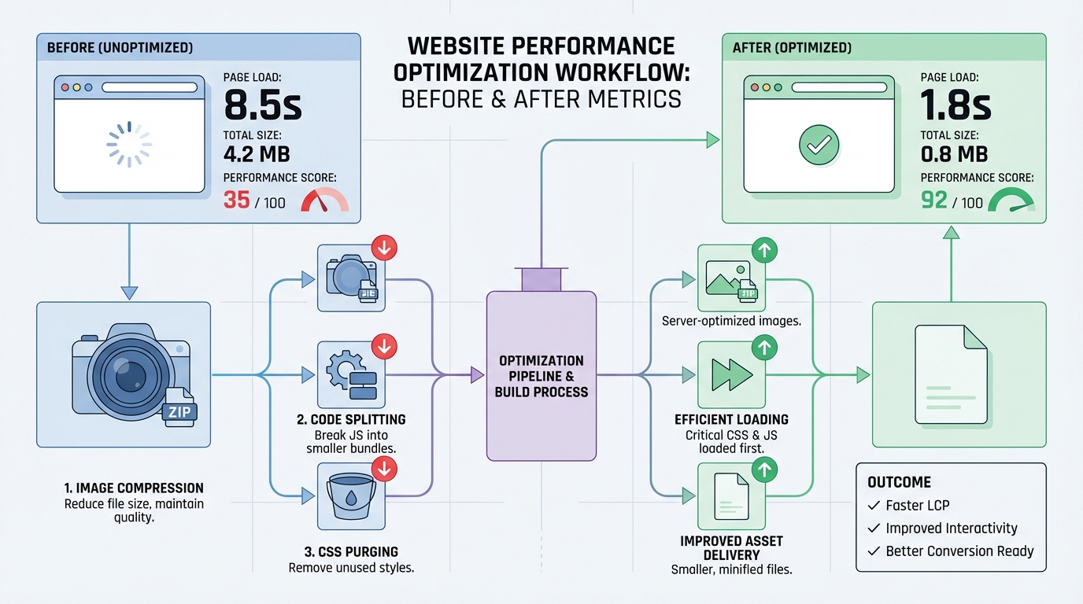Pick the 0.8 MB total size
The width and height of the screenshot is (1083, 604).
(x=954, y=154)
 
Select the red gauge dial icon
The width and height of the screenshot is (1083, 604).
(x=323, y=201)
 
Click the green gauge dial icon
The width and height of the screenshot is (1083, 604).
(x=1015, y=201)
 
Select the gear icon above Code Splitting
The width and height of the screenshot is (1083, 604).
(x=343, y=369)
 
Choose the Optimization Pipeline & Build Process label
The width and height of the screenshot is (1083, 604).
(x=541, y=376)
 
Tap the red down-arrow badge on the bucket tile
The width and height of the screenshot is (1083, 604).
(x=384, y=469)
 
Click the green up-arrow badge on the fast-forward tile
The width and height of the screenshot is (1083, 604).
(x=764, y=346)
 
